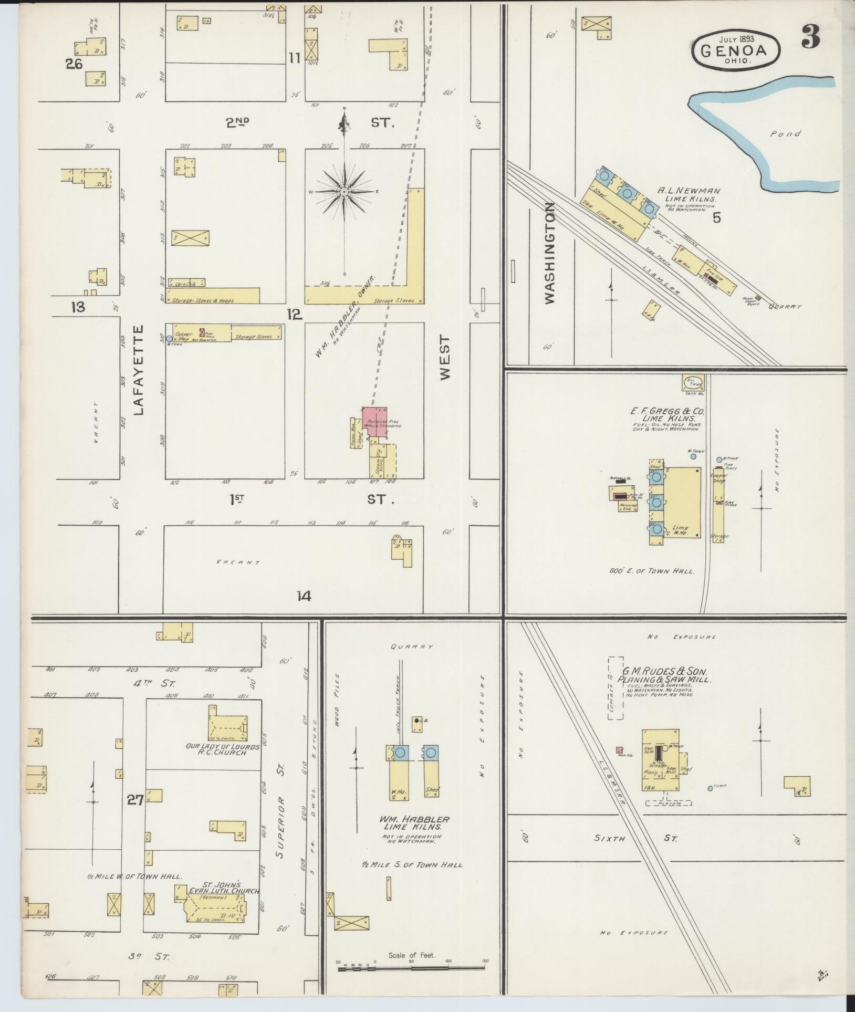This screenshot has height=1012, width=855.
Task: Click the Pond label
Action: pos(786,134)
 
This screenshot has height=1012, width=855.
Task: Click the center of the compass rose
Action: pos(344,192)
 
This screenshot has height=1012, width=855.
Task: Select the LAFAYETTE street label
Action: pos(139,370)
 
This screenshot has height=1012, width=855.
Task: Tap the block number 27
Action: pos(135,800)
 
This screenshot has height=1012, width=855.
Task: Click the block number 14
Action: pos(304,596)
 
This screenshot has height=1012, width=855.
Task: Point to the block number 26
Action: pos(74,64)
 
